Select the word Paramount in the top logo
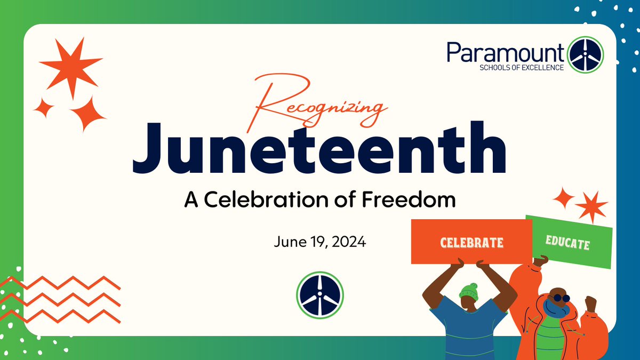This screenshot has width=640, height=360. (506, 53)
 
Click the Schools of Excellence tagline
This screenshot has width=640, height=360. (515, 67)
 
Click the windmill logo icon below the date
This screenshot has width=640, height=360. (320, 295)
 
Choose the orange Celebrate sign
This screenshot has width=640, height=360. (471, 242)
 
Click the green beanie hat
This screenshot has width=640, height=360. (469, 291)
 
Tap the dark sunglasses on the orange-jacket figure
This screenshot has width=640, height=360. (560, 298)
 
